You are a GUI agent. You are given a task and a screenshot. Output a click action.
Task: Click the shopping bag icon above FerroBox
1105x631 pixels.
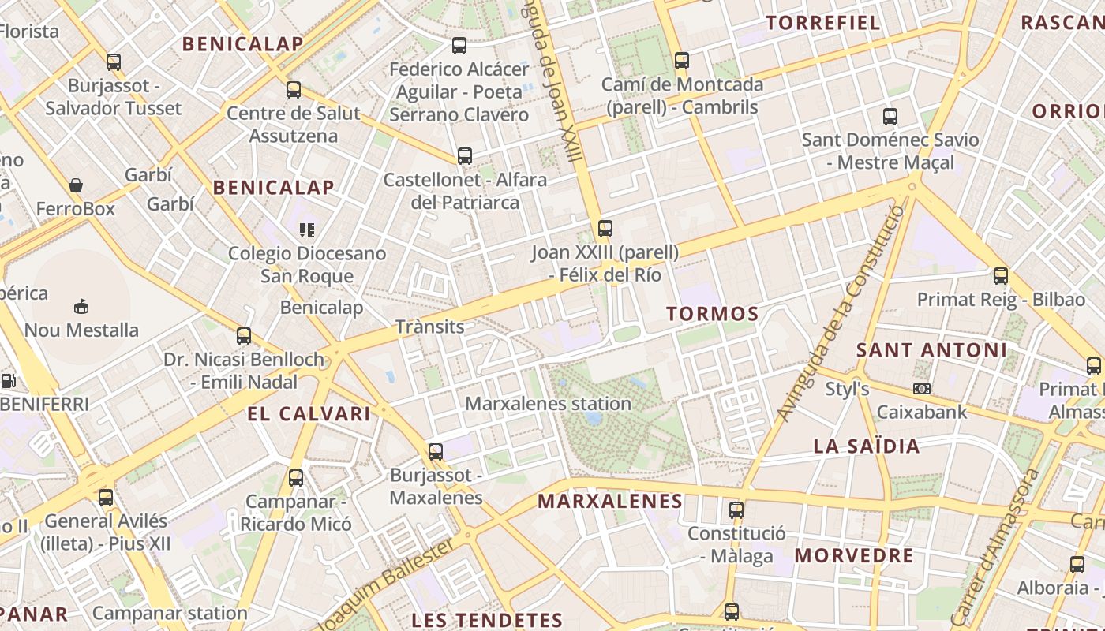click(76, 186)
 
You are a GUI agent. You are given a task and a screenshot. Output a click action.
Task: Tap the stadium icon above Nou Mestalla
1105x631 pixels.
click(81, 306)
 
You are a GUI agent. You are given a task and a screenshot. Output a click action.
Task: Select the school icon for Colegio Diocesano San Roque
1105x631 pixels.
click(307, 230)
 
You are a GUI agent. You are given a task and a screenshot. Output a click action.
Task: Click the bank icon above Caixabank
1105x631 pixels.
click(921, 389)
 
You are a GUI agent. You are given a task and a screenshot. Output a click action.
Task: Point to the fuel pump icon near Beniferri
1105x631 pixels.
click(9, 381)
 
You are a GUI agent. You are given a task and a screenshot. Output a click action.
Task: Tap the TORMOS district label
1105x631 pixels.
click(713, 314)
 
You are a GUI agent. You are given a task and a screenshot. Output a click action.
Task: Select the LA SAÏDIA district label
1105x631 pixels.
click(867, 446)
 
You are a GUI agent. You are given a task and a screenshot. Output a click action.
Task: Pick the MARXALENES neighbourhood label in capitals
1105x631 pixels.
click(609, 501)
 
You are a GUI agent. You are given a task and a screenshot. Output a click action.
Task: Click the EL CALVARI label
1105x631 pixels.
click(309, 413)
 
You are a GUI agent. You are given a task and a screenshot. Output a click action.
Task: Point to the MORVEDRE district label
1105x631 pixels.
click(853, 555)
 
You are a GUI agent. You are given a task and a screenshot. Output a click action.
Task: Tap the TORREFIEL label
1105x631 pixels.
click(823, 22)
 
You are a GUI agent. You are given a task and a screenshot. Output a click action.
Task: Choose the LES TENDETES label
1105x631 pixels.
click(487, 620)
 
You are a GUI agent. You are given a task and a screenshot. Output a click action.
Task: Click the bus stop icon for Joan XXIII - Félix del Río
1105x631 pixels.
click(605, 229)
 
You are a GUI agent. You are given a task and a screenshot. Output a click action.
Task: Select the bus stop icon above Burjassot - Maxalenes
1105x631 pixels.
click(436, 452)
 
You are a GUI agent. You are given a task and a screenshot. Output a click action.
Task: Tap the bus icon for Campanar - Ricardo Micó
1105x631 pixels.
click(296, 477)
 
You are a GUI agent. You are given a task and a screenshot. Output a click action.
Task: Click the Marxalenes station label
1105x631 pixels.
click(548, 404)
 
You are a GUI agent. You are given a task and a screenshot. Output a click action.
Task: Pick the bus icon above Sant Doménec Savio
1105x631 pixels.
click(890, 117)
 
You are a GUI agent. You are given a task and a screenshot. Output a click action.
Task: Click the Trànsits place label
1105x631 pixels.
click(429, 327)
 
